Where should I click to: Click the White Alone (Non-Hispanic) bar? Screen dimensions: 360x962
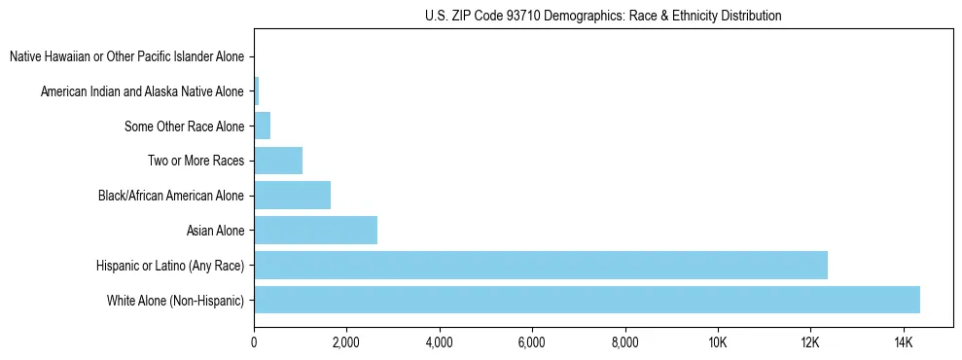click(x=587, y=300)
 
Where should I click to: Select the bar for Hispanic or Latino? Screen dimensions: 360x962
click(x=541, y=265)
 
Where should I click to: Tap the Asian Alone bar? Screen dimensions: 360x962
click(x=315, y=231)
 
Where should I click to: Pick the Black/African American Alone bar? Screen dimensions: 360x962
click(x=292, y=196)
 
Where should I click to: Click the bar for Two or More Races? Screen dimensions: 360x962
click(x=278, y=161)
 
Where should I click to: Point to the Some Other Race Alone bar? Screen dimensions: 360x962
click(x=262, y=126)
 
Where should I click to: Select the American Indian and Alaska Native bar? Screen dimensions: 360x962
click(x=257, y=91)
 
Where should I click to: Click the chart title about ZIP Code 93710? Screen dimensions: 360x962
click(x=603, y=16)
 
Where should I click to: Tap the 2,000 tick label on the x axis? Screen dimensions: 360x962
click(x=346, y=343)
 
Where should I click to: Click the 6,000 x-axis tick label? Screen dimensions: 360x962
click(x=532, y=343)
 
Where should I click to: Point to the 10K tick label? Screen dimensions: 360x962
click(x=717, y=343)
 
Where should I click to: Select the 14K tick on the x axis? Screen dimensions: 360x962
click(x=903, y=343)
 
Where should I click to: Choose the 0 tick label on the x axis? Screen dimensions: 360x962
click(x=254, y=343)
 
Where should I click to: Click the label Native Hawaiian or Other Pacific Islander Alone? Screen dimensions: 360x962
click(x=126, y=56)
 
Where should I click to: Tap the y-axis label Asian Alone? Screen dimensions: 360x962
click(x=215, y=231)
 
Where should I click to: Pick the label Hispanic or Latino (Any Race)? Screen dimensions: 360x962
click(x=170, y=266)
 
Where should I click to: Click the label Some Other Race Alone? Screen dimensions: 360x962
click(x=184, y=126)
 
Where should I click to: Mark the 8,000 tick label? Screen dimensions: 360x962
click(x=624, y=343)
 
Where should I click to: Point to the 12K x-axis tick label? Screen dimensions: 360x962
click(x=810, y=343)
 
